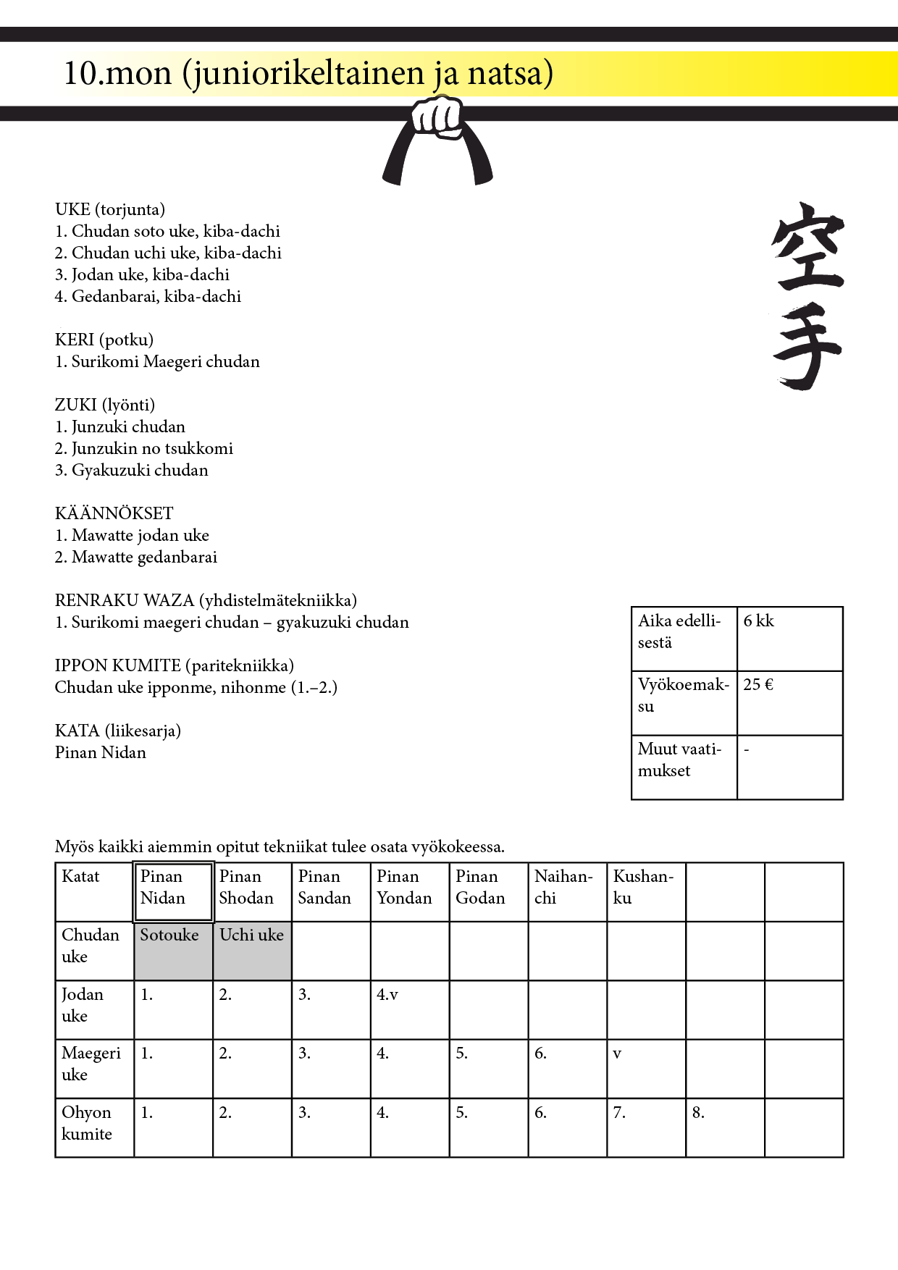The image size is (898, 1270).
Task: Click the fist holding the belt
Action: [x=437, y=117]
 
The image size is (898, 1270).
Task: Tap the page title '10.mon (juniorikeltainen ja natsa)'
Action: [x=309, y=73]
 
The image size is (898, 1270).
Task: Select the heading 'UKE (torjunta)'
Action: [x=110, y=209]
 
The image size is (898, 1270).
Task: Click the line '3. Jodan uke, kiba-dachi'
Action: [x=142, y=274]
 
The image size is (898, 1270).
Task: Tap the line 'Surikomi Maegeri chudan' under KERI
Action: [x=157, y=361]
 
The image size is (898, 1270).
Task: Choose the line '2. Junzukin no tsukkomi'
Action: [x=144, y=448]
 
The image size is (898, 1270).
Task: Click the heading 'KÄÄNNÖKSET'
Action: [x=114, y=513]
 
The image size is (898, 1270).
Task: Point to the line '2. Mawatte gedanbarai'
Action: [x=136, y=557]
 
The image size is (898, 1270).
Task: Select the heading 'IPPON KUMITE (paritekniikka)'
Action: [x=175, y=665]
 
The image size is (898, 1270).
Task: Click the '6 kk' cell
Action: [x=789, y=638]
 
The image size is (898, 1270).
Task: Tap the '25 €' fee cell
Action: [x=789, y=702]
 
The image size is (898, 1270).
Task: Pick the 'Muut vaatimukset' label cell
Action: [x=684, y=767]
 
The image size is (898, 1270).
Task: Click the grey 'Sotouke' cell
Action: [x=173, y=951]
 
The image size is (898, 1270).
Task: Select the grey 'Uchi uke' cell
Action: [x=252, y=951]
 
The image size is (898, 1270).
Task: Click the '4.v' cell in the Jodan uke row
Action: [x=409, y=1009]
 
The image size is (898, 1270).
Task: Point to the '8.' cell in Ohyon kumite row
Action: [x=725, y=1127]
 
